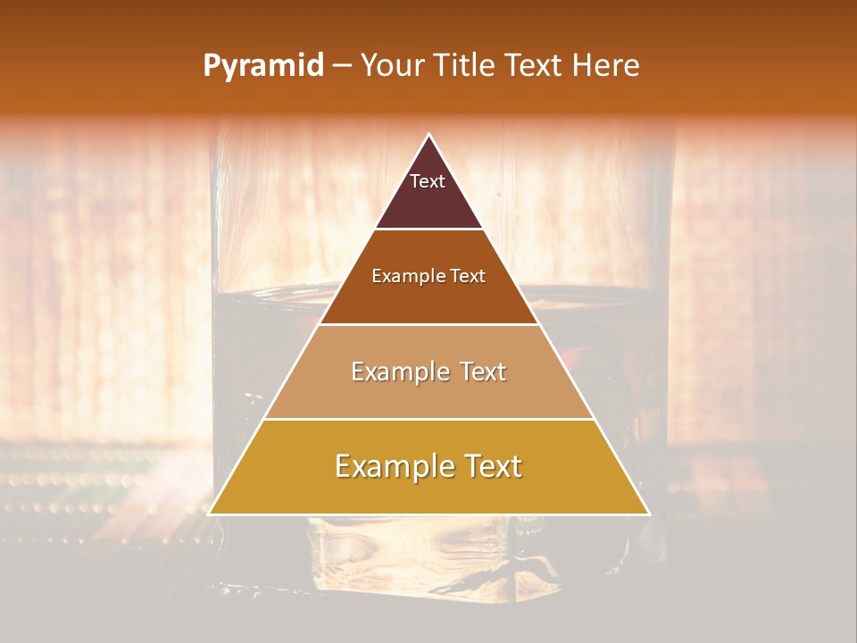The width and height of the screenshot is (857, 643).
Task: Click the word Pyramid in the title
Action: (x=263, y=66)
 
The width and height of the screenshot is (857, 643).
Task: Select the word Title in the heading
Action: (x=464, y=66)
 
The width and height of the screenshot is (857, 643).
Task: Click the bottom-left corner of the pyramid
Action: (x=210, y=514)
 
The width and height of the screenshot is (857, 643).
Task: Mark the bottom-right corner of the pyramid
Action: (x=649, y=514)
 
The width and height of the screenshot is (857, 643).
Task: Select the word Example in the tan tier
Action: (x=398, y=372)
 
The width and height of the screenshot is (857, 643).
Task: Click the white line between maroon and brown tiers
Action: (x=428, y=230)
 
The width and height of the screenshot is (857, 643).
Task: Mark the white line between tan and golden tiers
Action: (x=428, y=419)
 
